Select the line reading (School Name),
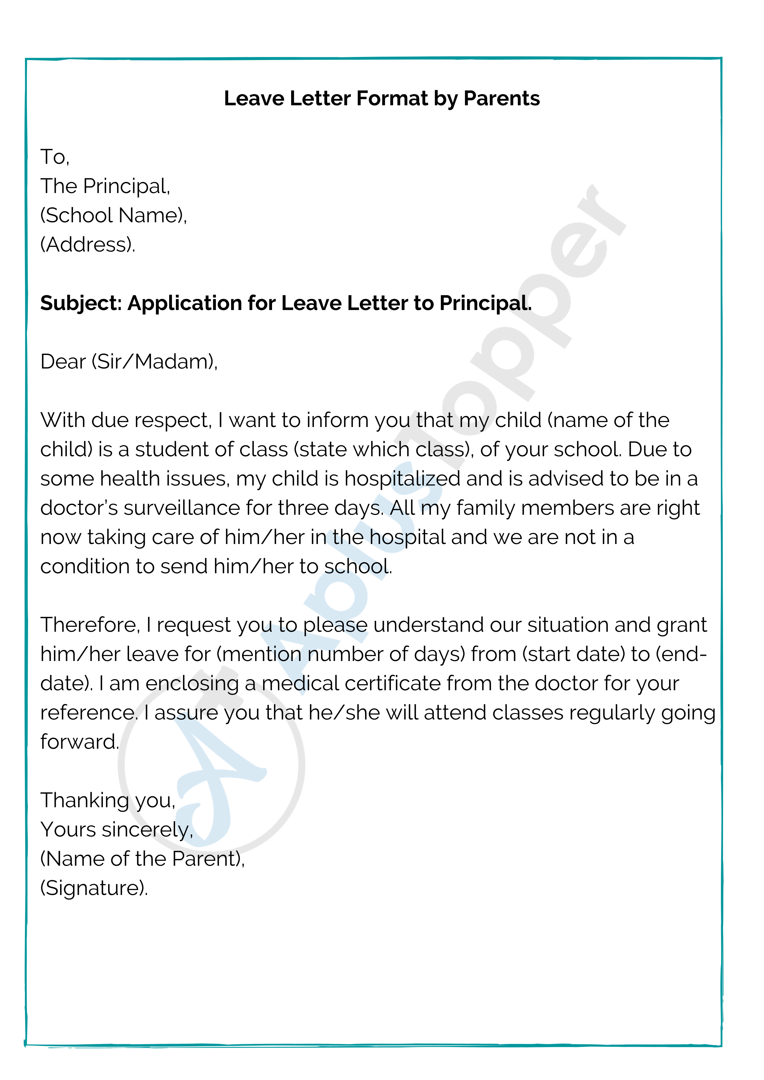click(x=113, y=216)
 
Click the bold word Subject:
click(x=81, y=303)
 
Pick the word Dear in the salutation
click(x=63, y=362)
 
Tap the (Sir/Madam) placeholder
click(x=154, y=362)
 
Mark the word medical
click(x=300, y=683)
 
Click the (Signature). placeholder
click(x=94, y=888)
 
